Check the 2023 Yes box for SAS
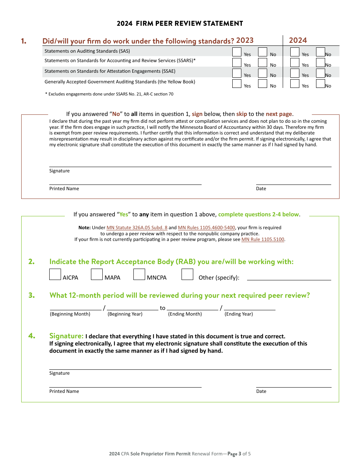(236, 52)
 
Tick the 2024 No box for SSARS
(320, 63)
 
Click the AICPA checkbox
(55, 274)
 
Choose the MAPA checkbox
(97, 274)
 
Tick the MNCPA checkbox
(139, 274)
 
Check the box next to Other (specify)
(187, 274)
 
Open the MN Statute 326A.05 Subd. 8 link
(137, 228)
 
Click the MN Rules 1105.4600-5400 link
(207, 228)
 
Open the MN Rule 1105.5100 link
(263, 239)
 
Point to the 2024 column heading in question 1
(298, 40)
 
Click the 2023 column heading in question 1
(245, 41)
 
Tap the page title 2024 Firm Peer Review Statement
(180, 23)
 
